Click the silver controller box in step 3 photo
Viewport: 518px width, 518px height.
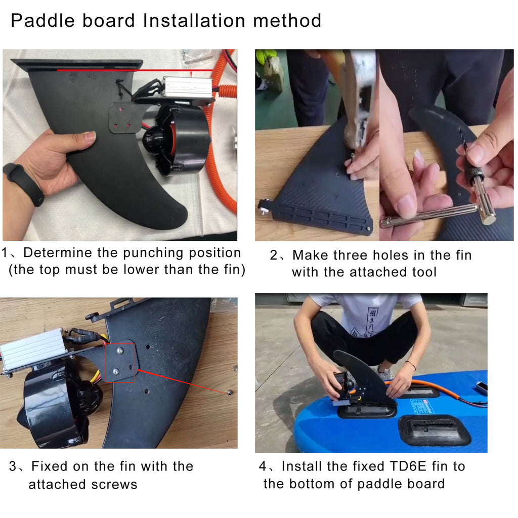coord(33,349)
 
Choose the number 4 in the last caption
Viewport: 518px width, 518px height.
coord(263,466)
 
